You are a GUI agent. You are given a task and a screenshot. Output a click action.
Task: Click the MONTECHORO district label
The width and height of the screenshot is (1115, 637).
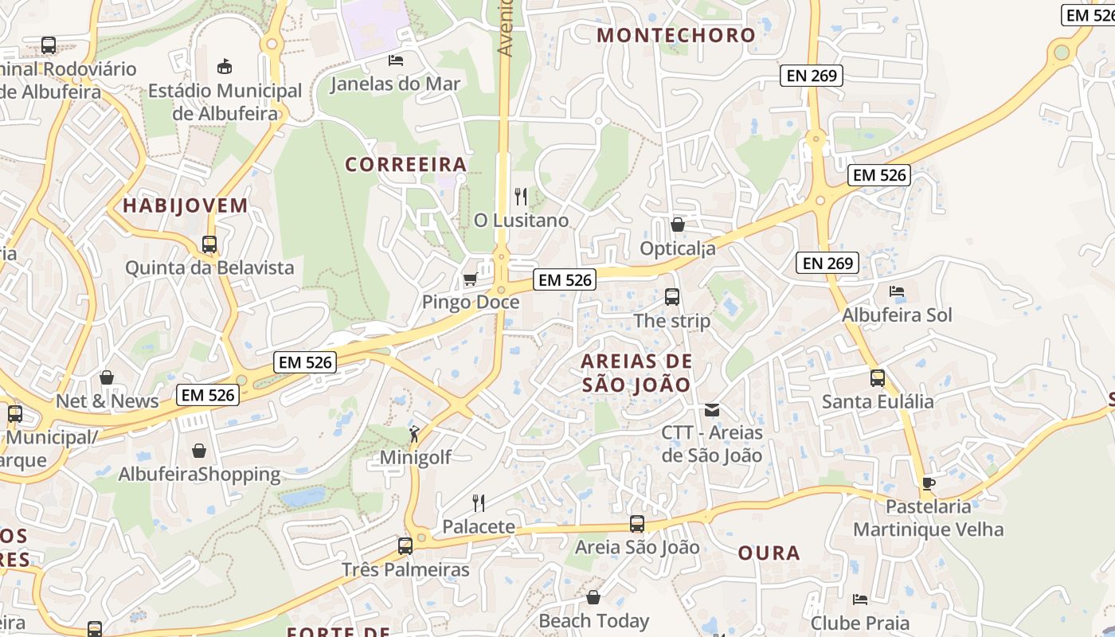(675, 35)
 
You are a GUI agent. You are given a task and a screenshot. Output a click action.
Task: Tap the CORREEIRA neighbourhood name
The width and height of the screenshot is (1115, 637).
(405, 164)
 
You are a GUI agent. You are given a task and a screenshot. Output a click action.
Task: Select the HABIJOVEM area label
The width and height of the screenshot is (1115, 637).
(185, 205)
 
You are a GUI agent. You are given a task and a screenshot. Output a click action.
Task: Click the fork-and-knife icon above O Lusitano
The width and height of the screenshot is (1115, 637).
(521, 196)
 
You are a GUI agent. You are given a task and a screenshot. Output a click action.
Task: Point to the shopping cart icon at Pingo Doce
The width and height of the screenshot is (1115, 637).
(470, 279)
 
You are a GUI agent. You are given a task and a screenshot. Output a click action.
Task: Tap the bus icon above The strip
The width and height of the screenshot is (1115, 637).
(672, 297)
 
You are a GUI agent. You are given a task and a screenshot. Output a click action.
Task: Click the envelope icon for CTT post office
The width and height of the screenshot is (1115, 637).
(711, 410)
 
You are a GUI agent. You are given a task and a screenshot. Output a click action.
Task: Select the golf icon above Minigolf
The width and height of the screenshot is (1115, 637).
(414, 434)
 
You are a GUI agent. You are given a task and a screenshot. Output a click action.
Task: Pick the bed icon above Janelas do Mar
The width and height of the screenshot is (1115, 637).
(395, 60)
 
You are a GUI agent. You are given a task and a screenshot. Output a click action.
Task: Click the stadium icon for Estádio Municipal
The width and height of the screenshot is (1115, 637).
(225, 66)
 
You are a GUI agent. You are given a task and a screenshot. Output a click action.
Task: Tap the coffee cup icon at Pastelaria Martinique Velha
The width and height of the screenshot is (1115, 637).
(928, 483)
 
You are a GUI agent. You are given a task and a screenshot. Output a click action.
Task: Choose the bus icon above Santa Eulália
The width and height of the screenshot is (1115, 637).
(878, 378)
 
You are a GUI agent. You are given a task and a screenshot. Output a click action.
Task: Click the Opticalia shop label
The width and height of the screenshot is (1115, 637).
(678, 248)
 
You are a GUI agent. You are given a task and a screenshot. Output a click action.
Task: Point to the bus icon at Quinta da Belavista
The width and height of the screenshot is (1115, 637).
(209, 244)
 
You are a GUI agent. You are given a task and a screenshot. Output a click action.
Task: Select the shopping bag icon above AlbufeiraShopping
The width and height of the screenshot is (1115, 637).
(199, 451)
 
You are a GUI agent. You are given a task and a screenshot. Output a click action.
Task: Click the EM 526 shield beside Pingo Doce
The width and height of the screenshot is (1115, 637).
(565, 279)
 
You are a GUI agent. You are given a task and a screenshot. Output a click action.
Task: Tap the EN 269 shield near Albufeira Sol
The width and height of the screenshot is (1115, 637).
(828, 263)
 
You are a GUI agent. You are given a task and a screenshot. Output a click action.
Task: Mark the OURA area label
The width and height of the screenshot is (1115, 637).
(769, 553)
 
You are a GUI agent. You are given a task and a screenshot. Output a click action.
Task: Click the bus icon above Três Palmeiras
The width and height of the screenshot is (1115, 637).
(405, 546)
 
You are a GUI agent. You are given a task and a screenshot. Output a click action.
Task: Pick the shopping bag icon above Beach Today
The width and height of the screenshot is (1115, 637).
(593, 597)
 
